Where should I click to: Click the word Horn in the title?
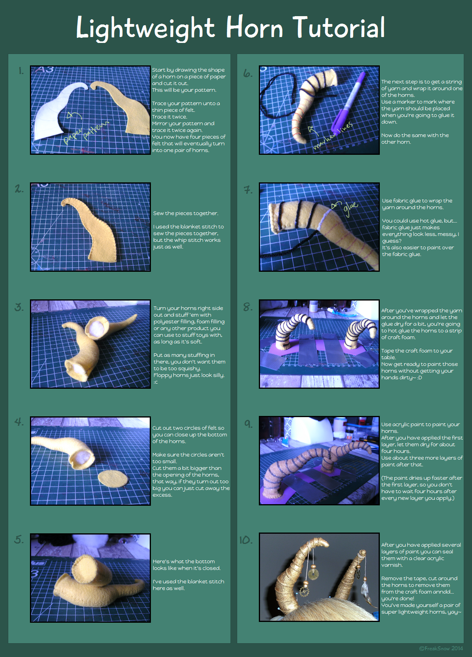click(x=255, y=27)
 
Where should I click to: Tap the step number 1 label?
click(x=21, y=71)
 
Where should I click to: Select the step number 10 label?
click(x=246, y=540)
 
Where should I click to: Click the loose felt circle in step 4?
click(x=113, y=479)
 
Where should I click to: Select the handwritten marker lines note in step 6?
click(x=333, y=136)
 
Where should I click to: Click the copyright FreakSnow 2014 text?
click(x=441, y=648)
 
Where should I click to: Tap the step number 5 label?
click(x=19, y=539)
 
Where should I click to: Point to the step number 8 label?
click(x=247, y=307)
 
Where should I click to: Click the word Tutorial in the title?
click(x=339, y=27)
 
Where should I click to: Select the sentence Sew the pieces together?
click(x=186, y=213)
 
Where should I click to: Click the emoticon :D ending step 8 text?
click(x=420, y=377)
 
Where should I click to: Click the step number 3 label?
click(x=19, y=307)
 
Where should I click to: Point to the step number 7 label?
click(x=248, y=190)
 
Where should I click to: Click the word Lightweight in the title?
click(x=145, y=28)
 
